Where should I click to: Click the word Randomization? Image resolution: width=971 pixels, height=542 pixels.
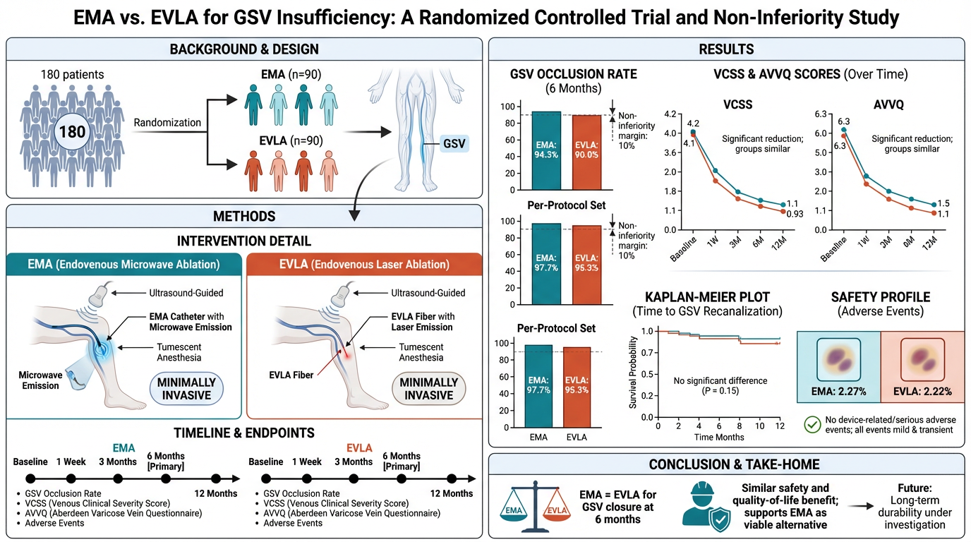(167, 122)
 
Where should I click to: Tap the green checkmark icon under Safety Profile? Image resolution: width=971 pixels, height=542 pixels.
(812, 424)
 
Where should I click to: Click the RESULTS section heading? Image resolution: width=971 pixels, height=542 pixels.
(726, 49)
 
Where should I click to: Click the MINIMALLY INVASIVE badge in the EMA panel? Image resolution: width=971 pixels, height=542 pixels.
(186, 387)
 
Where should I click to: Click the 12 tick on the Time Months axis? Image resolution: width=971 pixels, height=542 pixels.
(779, 427)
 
